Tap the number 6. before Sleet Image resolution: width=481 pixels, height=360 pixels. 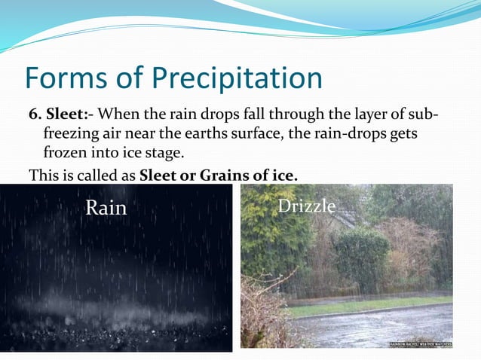pyautogui.click(x=35, y=115)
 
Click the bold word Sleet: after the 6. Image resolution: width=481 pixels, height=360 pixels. pyautogui.click(x=69, y=115)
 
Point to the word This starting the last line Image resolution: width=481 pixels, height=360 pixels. pyautogui.click(x=43, y=175)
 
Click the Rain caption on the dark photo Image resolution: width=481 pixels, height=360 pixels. pyautogui.click(x=106, y=208)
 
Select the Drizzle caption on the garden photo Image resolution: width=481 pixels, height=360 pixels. pyautogui.click(x=306, y=206)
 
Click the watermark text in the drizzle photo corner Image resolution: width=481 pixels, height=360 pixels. pyautogui.click(x=420, y=343)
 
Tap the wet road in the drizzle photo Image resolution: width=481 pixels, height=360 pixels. pyautogui.click(x=377, y=328)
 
